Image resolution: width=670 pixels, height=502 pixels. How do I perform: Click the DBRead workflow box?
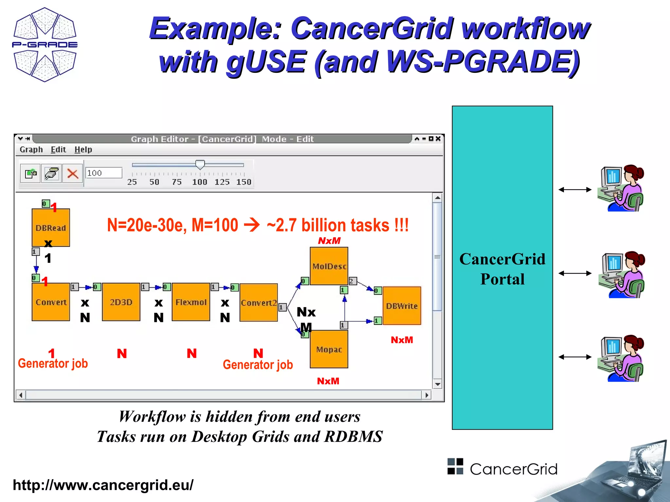(51, 227)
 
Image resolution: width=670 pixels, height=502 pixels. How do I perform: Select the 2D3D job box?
(121, 302)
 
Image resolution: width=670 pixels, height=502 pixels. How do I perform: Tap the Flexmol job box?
(191, 302)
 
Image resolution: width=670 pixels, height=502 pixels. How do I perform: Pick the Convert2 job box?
(258, 303)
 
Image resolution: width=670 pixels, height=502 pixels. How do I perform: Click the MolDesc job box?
(329, 266)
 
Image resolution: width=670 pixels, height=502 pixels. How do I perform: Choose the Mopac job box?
(329, 349)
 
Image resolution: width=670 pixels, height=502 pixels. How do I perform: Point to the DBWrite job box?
(402, 306)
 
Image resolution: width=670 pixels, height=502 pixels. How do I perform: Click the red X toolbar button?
(73, 173)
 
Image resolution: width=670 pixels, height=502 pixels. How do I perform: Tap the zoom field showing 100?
(104, 173)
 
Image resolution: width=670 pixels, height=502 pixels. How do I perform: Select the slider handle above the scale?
(200, 164)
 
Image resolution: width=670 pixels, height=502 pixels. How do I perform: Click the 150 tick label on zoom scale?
(244, 182)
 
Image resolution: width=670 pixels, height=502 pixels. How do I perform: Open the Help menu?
(83, 150)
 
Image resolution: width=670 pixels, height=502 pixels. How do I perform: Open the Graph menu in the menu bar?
(31, 150)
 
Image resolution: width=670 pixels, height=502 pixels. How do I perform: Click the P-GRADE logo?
(45, 44)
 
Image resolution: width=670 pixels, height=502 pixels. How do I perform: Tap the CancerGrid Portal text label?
(502, 269)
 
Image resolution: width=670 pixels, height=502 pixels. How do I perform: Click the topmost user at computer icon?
(620, 188)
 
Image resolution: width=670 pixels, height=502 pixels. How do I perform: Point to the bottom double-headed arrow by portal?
(575, 357)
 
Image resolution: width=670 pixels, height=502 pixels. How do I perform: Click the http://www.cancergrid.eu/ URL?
(103, 485)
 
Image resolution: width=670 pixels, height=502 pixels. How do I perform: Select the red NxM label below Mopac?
(328, 381)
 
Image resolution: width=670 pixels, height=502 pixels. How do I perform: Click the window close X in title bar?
(438, 139)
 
